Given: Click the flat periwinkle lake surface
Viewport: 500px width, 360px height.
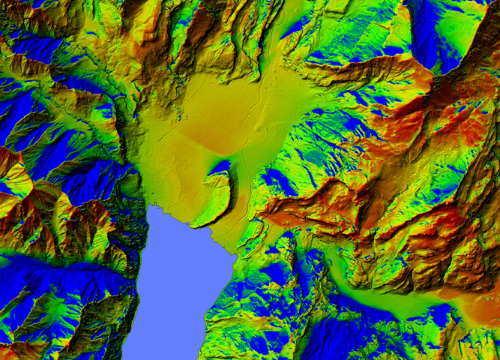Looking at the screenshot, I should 172,285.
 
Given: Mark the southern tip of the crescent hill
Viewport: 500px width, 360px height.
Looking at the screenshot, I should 196,223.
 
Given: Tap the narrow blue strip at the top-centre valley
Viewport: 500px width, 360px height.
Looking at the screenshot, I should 296,26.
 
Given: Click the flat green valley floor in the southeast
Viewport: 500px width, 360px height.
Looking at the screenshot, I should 397,300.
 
